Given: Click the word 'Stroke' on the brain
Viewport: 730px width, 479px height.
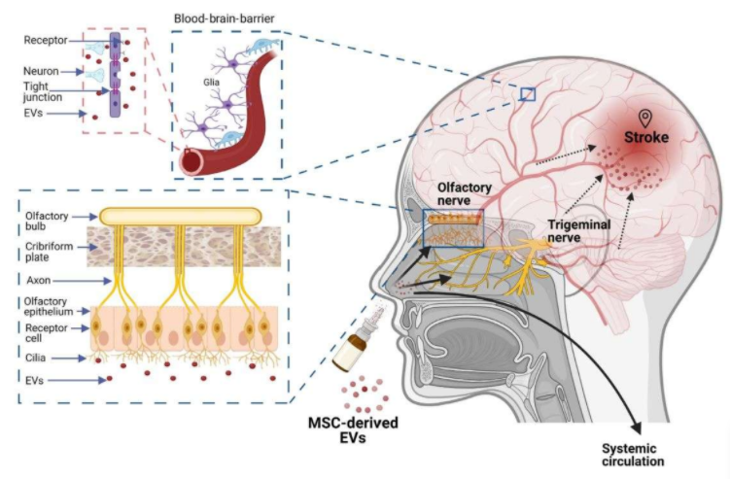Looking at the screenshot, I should pos(647,138).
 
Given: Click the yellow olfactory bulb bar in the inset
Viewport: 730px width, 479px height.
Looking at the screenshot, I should pos(180,215).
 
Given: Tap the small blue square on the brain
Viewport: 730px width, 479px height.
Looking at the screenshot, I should pos(528,94).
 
